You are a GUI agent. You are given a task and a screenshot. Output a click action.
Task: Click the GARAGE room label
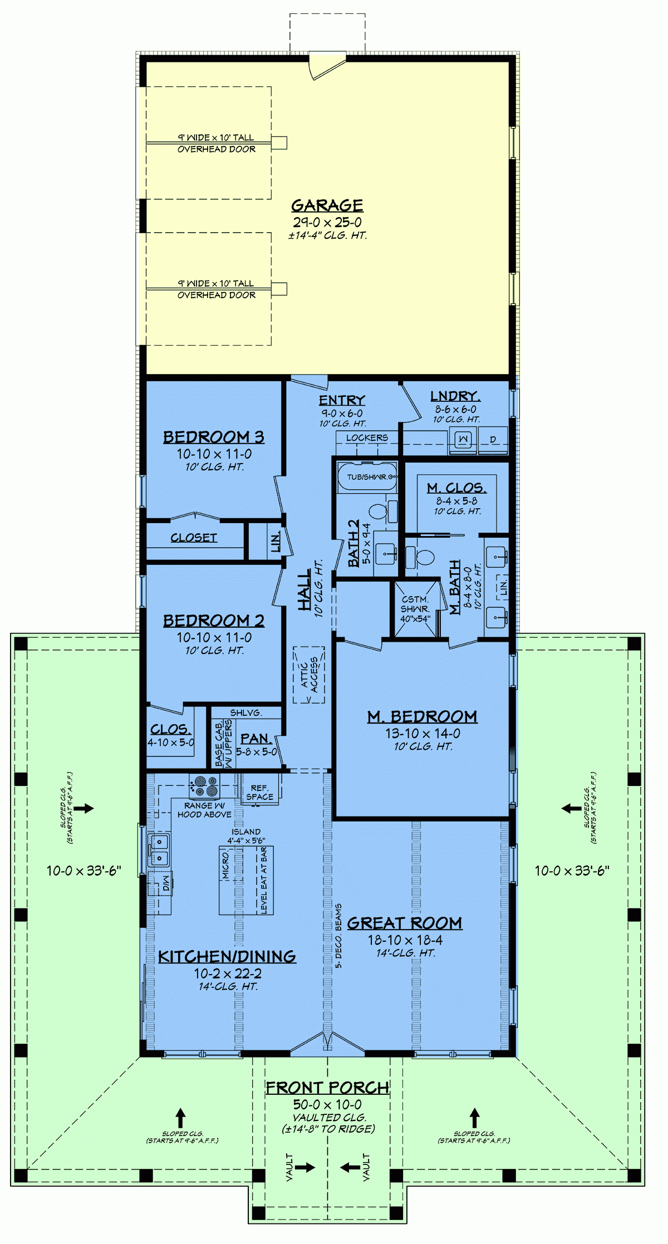327,205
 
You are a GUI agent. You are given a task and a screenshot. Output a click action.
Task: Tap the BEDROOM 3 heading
213,437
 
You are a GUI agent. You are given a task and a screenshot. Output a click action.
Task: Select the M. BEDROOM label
422,716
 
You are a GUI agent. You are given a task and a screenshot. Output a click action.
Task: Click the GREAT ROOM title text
405,923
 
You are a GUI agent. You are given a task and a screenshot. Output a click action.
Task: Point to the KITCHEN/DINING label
227,956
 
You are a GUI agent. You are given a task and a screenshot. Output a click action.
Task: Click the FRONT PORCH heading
327,1087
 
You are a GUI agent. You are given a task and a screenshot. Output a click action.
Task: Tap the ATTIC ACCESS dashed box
309,675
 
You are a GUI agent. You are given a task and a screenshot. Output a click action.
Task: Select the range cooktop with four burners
204,786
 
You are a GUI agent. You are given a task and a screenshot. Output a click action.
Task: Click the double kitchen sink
159,850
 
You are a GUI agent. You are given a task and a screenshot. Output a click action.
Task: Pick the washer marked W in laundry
463,440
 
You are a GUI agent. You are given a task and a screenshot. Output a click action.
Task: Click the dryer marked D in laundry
493,440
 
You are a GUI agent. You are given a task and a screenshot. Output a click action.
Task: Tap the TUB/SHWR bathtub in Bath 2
367,476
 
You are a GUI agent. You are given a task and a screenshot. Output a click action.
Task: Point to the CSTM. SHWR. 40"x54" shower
415,609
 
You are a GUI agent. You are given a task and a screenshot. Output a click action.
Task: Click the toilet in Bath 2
379,510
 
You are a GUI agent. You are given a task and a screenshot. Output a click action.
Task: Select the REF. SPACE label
259,792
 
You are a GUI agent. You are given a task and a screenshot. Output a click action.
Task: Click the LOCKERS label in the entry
367,438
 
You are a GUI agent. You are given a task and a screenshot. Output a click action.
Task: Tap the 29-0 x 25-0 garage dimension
327,222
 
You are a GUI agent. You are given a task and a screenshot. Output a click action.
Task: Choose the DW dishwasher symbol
165,883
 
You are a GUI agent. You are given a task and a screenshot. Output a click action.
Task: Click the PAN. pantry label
256,739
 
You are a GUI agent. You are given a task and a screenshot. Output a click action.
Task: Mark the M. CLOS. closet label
456,488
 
